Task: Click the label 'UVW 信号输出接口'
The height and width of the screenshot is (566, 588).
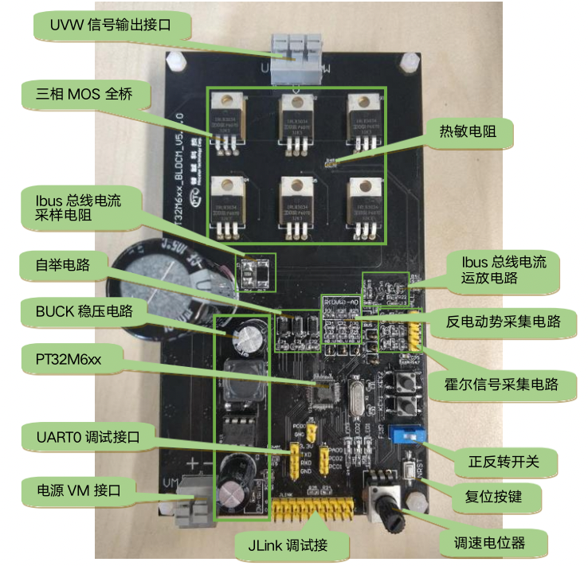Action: click(111, 26)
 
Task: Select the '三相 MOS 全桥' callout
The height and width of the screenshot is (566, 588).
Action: click(76, 94)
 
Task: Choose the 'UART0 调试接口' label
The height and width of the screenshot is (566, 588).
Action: click(88, 437)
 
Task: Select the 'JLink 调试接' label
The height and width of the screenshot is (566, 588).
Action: click(294, 545)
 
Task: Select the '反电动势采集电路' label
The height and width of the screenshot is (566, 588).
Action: click(501, 322)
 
